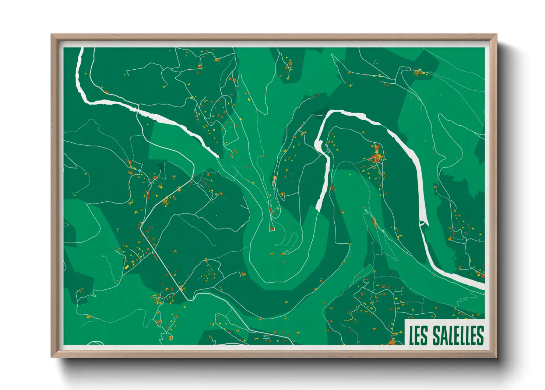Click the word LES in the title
click(419, 335)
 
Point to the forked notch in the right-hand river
click(424, 223)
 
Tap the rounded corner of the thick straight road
click(141, 226)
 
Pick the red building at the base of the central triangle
click(272, 229)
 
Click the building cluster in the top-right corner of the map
click(418, 72)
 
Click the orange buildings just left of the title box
click(393, 341)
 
